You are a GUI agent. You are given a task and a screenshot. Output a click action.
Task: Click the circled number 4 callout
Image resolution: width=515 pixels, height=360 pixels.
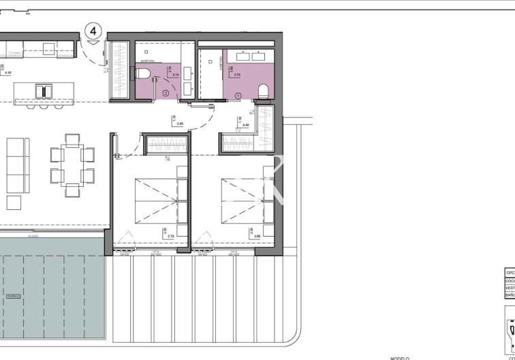pos(94,31)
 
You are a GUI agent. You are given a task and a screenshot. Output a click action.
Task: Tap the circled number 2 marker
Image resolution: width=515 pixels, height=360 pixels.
pos(166,93)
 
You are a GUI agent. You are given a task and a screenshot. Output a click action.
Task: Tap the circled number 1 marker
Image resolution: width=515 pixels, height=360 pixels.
pos(238,96)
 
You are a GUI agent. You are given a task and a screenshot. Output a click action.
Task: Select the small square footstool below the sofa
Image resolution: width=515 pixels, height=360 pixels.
pos(14,202)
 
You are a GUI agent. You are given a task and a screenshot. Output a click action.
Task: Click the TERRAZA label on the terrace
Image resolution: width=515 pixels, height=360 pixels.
pos(14,297)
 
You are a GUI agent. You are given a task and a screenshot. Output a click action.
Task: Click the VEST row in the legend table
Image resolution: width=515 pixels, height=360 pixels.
pos(510,288)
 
